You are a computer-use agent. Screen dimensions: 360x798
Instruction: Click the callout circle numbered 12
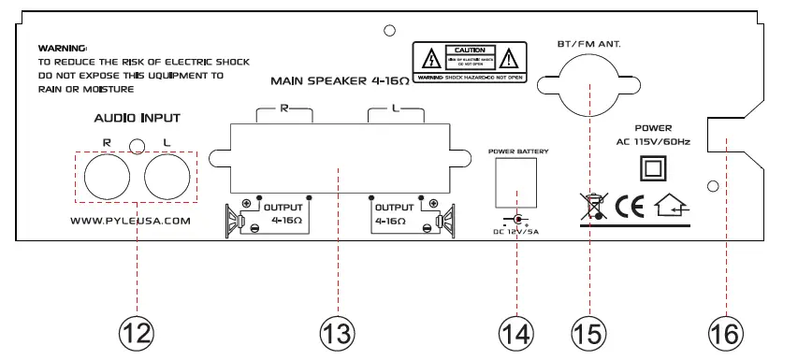point(137,332)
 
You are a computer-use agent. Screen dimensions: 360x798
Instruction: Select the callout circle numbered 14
point(515,332)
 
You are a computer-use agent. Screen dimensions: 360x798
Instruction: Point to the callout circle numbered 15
point(590,332)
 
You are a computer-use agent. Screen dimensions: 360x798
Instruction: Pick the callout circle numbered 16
point(726,332)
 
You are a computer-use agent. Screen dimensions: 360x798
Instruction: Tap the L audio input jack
point(168,174)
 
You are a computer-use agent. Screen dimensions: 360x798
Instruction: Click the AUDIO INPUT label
point(137,119)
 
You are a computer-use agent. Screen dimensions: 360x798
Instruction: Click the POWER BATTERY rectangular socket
point(515,183)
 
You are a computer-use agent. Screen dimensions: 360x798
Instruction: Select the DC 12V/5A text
point(515,231)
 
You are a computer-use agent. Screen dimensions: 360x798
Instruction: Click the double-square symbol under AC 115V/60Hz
point(652,168)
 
